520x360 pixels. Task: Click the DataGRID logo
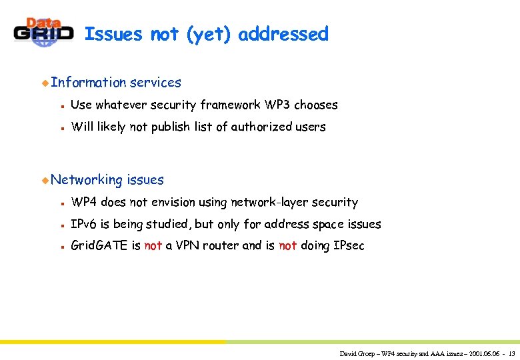coord(43,32)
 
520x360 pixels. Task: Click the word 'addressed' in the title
coord(283,34)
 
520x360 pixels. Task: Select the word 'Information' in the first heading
coord(88,83)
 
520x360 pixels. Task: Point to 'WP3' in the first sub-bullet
coord(277,105)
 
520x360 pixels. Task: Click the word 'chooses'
coord(316,105)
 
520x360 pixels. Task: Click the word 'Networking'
coord(87,180)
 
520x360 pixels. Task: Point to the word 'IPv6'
coord(84,224)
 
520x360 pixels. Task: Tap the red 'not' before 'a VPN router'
coord(153,246)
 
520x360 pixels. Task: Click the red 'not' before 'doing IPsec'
coord(288,246)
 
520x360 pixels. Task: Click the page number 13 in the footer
coord(511,353)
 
